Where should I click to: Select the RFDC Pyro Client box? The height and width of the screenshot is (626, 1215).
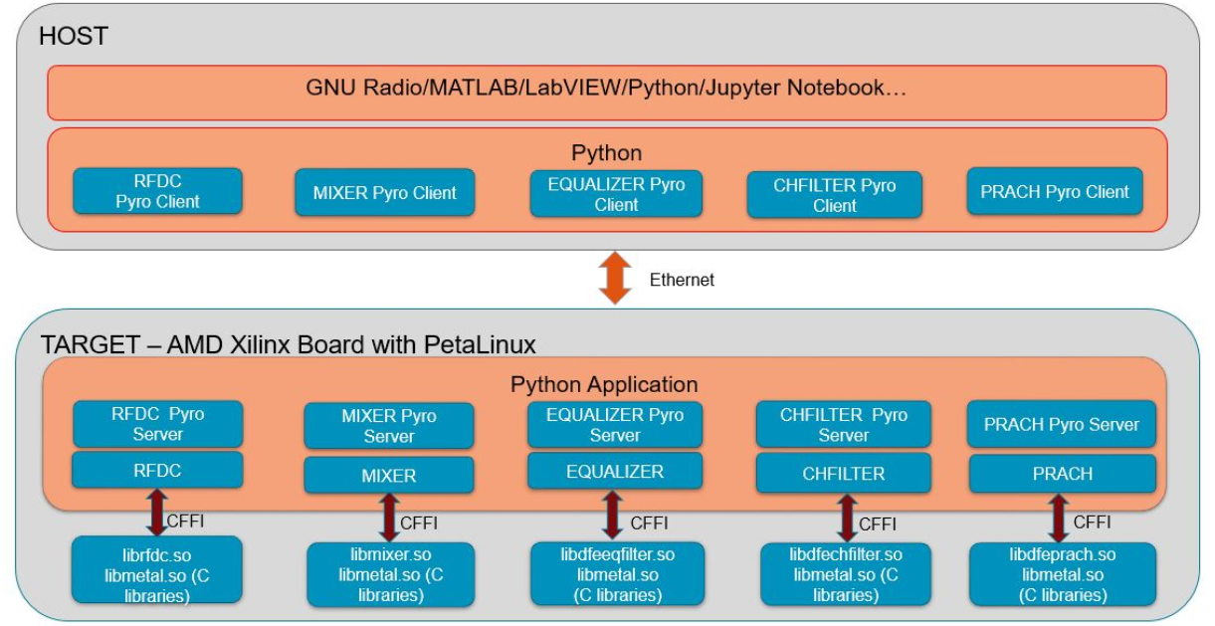(157, 191)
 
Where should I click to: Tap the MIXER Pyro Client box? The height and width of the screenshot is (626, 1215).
(384, 193)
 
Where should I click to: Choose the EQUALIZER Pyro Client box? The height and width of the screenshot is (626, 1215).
(615, 194)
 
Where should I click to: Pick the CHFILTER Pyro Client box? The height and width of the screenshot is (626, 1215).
(834, 195)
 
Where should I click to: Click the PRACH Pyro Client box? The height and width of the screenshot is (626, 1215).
(1055, 192)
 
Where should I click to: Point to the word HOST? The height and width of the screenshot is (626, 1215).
(73, 38)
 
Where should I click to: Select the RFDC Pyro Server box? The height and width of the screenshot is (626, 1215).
(157, 424)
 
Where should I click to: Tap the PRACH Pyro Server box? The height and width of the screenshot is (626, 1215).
(1062, 425)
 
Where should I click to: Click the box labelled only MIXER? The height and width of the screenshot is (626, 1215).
(388, 476)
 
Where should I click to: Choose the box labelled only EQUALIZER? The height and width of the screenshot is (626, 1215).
(615, 471)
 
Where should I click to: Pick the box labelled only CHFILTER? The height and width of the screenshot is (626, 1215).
(843, 474)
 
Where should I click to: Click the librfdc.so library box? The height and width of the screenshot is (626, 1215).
(157, 569)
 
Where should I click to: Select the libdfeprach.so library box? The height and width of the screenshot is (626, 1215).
(1062, 574)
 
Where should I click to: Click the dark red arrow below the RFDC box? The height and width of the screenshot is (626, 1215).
(156, 512)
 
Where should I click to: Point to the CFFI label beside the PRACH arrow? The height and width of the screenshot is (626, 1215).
(1093, 521)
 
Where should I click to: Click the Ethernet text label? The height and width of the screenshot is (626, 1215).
(682, 280)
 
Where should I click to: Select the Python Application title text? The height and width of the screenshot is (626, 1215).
(604, 384)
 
